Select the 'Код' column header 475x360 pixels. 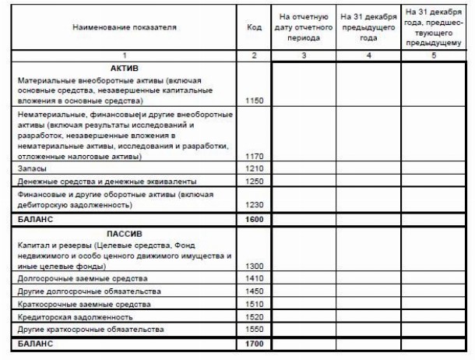pos(254,27)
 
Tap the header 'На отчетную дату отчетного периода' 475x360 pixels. pos(304,27)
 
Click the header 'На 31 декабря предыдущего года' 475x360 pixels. pos(368,27)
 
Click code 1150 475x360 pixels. pos(254,101)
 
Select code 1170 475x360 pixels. pos(254,156)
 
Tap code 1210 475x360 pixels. pos(254,168)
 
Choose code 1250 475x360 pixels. pos(254,181)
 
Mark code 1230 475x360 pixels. pos(254,205)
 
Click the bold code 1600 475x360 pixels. pos(254,219)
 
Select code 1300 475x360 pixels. pos(254,266)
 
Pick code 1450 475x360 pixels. pos(254,291)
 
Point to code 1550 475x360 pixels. pos(254,330)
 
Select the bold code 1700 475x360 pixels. pos(254,343)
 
